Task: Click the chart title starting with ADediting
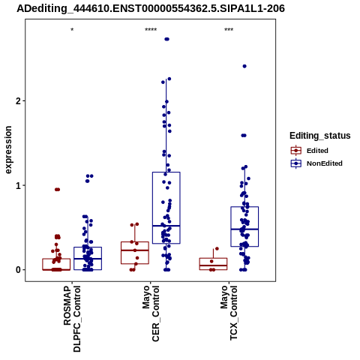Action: [151, 9]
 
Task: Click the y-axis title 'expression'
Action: [8, 150]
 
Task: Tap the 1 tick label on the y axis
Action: [19, 185]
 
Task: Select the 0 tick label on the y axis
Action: [19, 270]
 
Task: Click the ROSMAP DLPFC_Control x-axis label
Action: [72, 319]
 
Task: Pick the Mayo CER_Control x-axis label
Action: [151, 313]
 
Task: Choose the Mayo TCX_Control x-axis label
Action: [229, 313]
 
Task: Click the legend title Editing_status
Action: [320, 136]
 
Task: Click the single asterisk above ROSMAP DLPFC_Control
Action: [72, 30]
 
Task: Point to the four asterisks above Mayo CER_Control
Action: [151, 30]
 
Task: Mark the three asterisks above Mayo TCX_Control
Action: [229, 30]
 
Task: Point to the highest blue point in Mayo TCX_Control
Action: [244, 66]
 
